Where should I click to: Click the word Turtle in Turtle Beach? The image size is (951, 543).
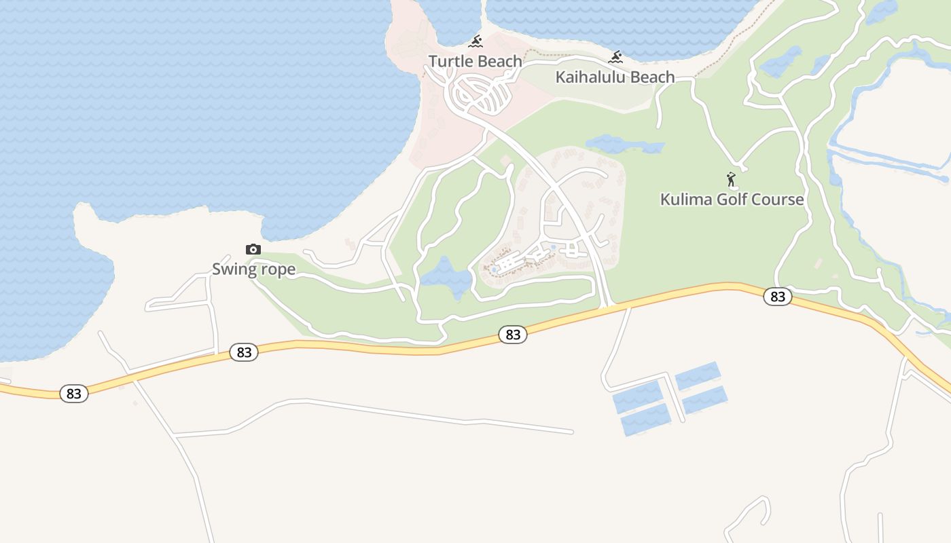tap(450, 62)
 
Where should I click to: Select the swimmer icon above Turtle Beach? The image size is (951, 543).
tap(475, 42)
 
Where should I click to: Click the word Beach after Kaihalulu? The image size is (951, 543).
tap(650, 77)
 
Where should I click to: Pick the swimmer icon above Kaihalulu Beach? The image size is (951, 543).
tap(616, 57)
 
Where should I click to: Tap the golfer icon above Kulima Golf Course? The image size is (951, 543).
tap(731, 180)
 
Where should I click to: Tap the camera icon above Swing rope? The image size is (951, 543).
tap(253, 250)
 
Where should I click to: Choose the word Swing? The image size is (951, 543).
tap(233, 269)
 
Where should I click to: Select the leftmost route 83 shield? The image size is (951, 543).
tap(74, 394)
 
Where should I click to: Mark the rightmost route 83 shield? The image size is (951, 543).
tap(778, 297)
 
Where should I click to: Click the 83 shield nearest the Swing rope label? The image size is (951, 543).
tap(244, 352)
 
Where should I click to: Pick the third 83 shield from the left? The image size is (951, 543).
tap(513, 335)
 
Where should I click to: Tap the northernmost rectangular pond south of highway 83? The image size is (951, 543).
tap(697, 376)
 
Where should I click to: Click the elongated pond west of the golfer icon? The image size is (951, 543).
tap(624, 145)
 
